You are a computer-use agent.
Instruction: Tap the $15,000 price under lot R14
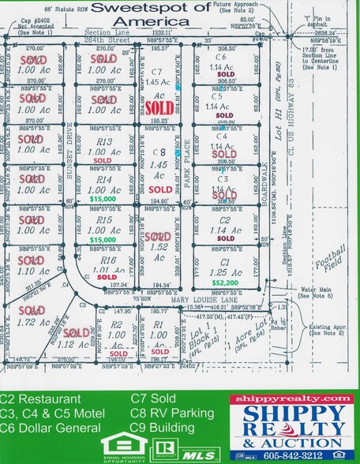pos(103,200)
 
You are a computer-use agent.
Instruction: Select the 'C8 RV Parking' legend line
pos(172,413)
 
